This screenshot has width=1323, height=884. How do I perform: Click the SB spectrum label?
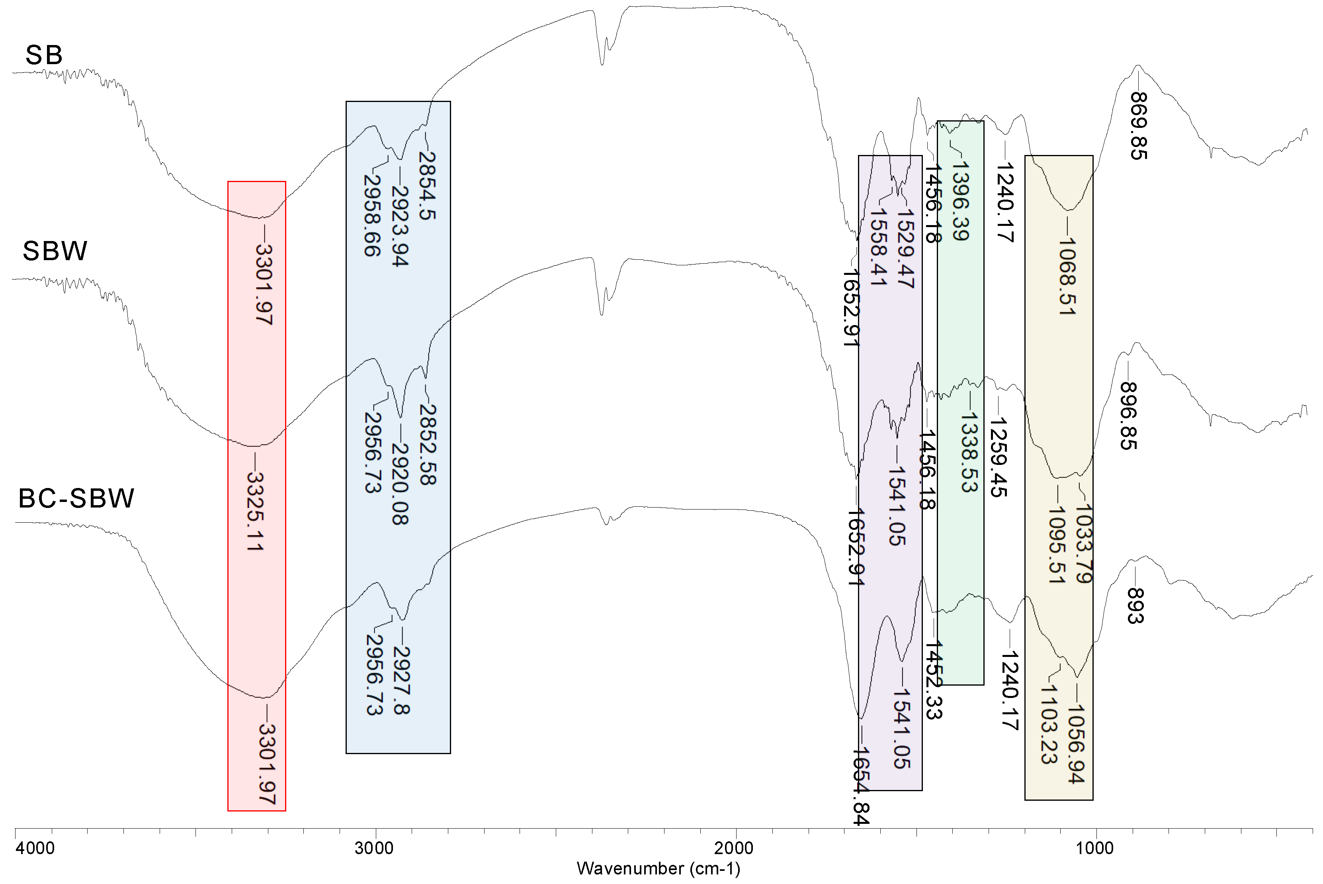click(x=44, y=55)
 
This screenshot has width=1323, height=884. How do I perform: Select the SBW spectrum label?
click(x=55, y=251)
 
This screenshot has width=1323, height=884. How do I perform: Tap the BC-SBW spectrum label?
click(x=76, y=498)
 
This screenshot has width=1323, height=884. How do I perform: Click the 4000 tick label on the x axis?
click(x=35, y=848)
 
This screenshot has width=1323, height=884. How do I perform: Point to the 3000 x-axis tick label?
click(x=374, y=848)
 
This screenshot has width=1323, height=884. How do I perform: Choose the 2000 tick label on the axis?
click(x=734, y=848)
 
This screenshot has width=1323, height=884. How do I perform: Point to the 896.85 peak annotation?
click(x=1129, y=416)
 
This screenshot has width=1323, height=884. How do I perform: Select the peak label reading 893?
click(x=1134, y=606)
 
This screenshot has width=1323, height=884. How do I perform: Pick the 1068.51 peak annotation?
click(x=1067, y=276)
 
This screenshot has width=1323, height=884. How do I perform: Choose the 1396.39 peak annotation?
click(x=960, y=201)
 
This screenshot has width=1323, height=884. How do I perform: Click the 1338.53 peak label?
click(x=969, y=452)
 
